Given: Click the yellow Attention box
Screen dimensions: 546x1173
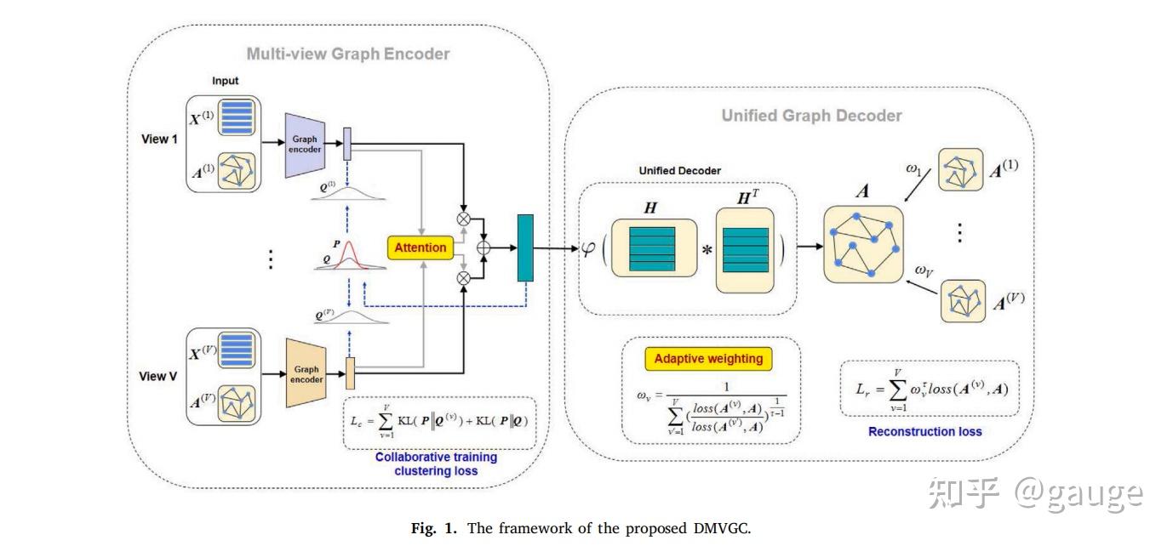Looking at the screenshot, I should (420, 247).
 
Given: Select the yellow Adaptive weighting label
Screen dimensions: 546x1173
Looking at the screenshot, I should (708, 358).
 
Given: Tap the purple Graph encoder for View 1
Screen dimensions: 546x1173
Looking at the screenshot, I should (306, 145).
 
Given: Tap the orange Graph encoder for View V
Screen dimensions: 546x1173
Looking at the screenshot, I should (306, 375).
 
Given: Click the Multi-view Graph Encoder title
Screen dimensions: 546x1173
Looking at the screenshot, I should (348, 54).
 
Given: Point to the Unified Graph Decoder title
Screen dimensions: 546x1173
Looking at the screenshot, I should (811, 115).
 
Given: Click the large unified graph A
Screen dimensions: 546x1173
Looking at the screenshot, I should (863, 242).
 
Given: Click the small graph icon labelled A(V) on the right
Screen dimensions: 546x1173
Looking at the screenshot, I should (963, 300).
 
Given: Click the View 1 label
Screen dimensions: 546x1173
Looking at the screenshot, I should (159, 139).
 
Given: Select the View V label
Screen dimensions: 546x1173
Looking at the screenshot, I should (159, 375).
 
